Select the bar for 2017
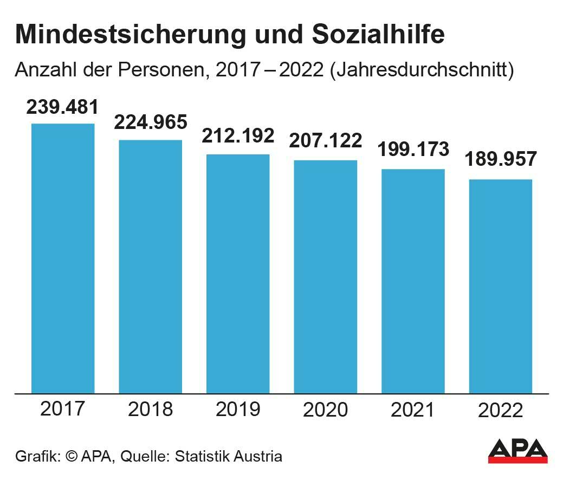[63, 258]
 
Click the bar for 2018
[151, 267]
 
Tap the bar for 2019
[238, 274]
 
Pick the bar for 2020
[326, 276]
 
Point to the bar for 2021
[413, 281]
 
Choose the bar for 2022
[500, 286]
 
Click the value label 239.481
[63, 107]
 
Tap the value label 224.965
[151, 122]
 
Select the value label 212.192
[238, 136]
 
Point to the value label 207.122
[326, 141]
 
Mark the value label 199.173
[413, 149]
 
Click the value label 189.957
[501, 160]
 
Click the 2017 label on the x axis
[63, 408]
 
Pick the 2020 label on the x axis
[326, 410]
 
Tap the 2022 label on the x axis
[501, 411]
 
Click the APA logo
[517, 451]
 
